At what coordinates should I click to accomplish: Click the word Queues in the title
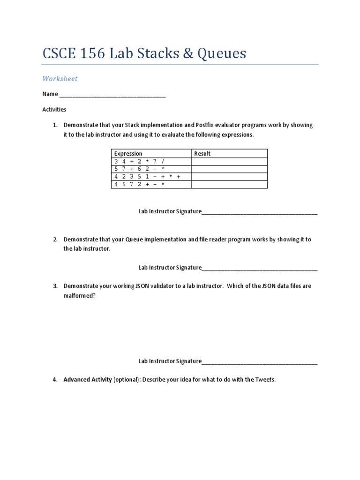pos(219,53)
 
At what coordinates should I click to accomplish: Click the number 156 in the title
pos(90,53)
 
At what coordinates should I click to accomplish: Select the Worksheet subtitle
pos(60,79)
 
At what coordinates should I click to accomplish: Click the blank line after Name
pos(112,95)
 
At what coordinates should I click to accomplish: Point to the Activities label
pos(54,110)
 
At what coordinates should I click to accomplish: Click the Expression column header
pos(128,153)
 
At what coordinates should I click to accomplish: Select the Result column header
pos(202,153)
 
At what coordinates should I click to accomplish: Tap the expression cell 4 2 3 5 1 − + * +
pos(147,177)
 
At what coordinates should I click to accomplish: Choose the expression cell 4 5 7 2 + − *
pos(139,184)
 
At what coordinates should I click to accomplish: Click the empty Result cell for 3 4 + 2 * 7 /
pos(229,161)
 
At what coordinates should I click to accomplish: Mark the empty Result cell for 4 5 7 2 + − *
pos(229,184)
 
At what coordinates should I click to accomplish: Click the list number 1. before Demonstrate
pos(55,125)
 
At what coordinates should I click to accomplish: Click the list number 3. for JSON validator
pos(55,286)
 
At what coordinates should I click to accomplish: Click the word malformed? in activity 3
pos(79,296)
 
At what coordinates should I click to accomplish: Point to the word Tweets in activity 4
pos(265,380)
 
